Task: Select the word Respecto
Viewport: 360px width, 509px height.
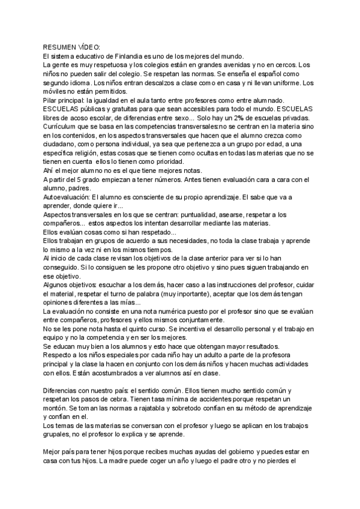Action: [x=59, y=355]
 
